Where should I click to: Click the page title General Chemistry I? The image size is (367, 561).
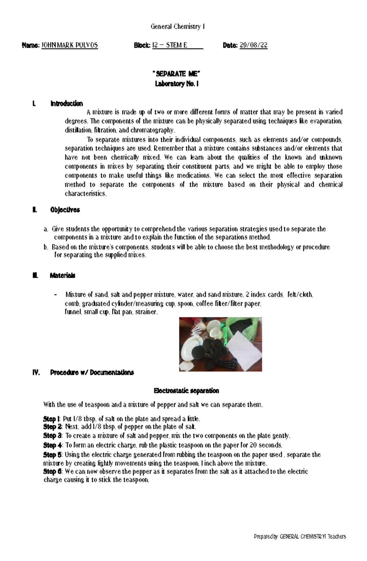pos(178,27)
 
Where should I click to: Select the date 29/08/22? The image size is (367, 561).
pos(254,46)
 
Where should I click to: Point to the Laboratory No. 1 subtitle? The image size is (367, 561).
pos(177,84)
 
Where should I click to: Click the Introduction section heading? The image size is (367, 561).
pos(66,104)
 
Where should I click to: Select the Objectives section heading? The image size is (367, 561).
pos(65,210)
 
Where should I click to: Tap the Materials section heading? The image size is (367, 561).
pos(62,275)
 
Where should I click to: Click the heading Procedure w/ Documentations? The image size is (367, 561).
pos(92,372)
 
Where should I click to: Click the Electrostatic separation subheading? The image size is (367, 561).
pos(186,391)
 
